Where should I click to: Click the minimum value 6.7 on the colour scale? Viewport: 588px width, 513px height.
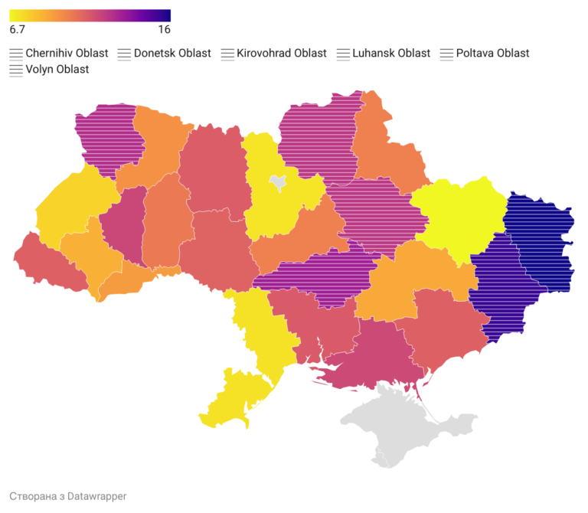tap(18, 30)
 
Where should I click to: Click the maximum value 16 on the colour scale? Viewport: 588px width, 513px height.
tap(164, 30)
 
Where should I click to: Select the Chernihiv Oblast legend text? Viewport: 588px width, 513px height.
tap(67, 54)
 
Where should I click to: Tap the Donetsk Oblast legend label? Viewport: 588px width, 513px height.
tap(172, 54)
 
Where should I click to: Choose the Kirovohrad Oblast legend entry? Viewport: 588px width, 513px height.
tap(282, 54)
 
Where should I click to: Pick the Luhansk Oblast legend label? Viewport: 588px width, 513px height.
tap(391, 54)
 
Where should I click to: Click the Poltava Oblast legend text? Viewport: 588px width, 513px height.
tap(492, 54)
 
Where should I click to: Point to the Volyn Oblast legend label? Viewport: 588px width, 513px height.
tap(57, 70)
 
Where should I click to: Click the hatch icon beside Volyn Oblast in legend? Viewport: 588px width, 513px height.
tap(16, 70)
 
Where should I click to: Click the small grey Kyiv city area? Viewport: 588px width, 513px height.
tap(276, 182)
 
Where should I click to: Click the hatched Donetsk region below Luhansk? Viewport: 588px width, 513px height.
tap(501, 287)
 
